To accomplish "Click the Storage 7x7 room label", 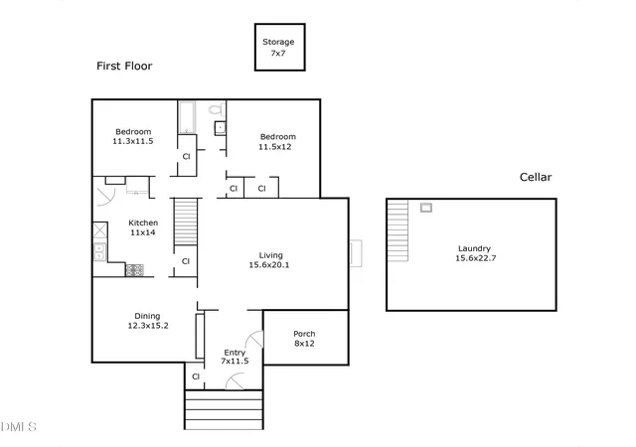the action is [x=278, y=47].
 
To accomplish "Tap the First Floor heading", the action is [x=124, y=66].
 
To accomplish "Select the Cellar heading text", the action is [x=536, y=177].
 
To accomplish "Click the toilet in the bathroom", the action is [x=217, y=109].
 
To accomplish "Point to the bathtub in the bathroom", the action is [x=187, y=117].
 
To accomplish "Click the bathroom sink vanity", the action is [x=220, y=128].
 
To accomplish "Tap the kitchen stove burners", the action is [x=134, y=270].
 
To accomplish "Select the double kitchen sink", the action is [x=99, y=251].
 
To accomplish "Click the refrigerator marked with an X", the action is [x=100, y=230].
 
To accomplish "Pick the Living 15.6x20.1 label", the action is [x=269, y=260].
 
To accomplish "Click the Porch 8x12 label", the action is [x=304, y=339].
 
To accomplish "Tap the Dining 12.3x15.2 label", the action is [x=148, y=321].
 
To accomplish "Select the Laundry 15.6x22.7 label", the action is [x=475, y=253].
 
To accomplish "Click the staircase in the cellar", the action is [x=397, y=230].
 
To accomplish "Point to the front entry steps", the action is [x=224, y=409].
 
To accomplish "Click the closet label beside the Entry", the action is [x=196, y=376].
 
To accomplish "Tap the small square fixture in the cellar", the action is [x=426, y=208].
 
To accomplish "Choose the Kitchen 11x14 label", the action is [x=143, y=227].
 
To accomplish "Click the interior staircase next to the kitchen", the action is [x=186, y=222].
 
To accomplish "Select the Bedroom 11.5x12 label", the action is [x=277, y=142].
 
